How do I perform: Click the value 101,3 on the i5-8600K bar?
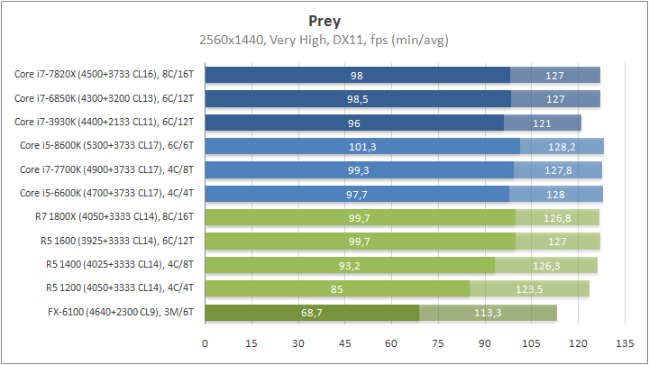pos(362,146)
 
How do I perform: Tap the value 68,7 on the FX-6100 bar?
pos(313,313)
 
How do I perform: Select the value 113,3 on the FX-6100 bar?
pos(488,313)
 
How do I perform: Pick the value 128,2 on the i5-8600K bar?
pos(562,146)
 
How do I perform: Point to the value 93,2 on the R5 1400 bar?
pos(350,265)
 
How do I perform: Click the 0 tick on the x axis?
pos(206,343)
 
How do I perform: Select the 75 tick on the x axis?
pos(438,343)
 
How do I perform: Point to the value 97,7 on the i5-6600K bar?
pos(357,194)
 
